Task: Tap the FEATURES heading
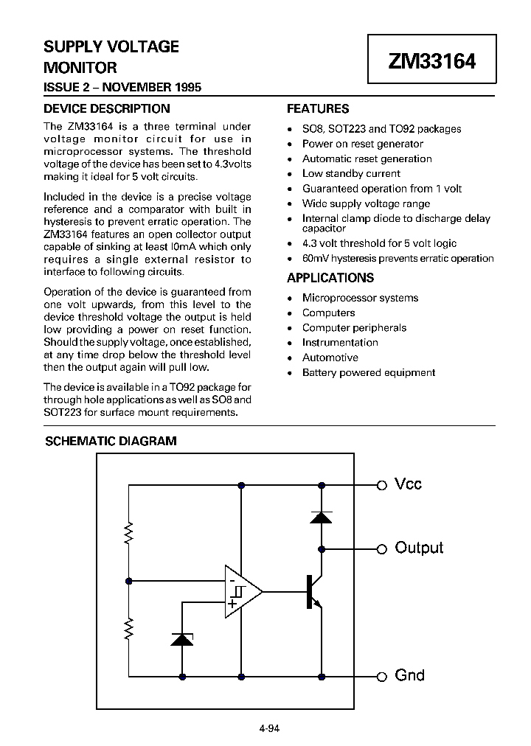(318, 108)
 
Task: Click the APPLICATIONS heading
(330, 278)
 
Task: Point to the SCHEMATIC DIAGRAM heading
(111, 442)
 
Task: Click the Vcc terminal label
(409, 484)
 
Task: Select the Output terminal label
(419, 548)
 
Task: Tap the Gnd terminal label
(410, 675)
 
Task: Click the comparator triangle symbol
(242, 591)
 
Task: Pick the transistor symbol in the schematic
(313, 591)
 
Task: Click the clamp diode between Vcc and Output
(321, 517)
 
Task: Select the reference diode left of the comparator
(181, 638)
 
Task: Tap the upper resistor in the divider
(129, 531)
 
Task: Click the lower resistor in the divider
(129, 629)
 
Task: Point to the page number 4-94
(269, 729)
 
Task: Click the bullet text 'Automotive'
(330, 358)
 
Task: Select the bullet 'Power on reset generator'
(363, 144)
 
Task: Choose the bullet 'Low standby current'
(351, 173)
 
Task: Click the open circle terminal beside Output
(382, 548)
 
